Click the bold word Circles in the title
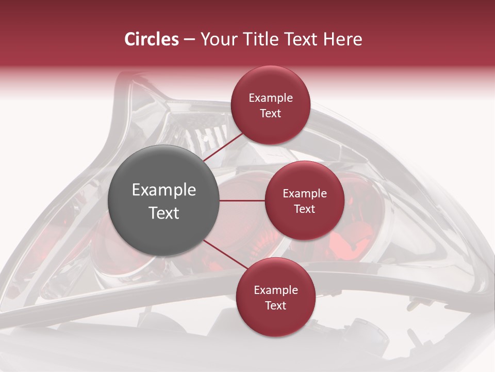[151, 39]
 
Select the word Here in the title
[343, 39]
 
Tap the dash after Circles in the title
[189, 40]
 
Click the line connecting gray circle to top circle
[223, 148]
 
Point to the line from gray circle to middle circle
[242, 200]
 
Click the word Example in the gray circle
[164, 190]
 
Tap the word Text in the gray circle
[164, 212]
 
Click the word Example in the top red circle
[271, 98]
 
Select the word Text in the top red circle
[270, 114]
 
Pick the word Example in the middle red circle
[305, 194]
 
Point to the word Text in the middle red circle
[304, 209]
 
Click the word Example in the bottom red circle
[276, 290]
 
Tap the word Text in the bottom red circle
[275, 305]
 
